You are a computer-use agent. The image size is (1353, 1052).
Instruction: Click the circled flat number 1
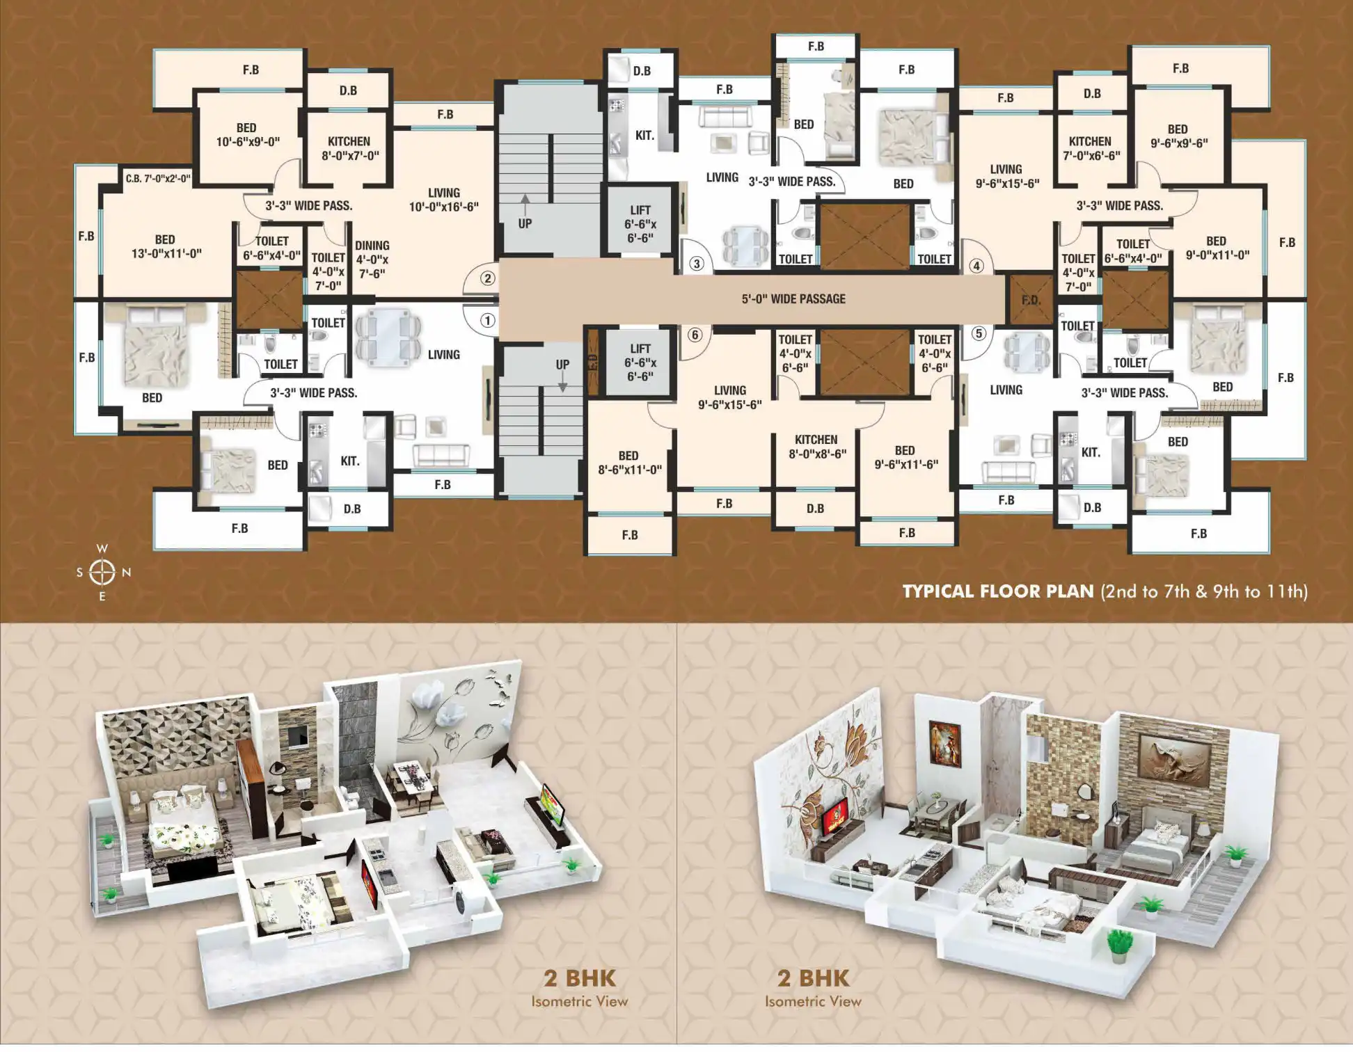[487, 321]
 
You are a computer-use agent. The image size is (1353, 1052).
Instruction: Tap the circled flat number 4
[976, 266]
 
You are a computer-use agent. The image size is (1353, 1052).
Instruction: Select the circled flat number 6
[695, 335]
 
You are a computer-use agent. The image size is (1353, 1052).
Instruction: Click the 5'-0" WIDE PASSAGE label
[793, 299]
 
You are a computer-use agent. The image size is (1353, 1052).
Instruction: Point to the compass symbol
[102, 573]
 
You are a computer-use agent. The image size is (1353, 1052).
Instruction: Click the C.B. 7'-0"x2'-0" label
[157, 179]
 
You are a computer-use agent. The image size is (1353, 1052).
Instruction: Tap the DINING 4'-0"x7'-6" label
[372, 260]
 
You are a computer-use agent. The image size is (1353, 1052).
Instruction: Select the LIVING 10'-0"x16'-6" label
[443, 200]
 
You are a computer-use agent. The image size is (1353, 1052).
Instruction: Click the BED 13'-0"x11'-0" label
[166, 246]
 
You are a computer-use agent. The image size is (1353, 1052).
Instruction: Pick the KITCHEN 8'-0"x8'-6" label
[816, 447]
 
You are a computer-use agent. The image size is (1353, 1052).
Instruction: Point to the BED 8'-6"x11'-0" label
[629, 463]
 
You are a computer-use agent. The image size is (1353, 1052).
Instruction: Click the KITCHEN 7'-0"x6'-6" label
[1090, 148]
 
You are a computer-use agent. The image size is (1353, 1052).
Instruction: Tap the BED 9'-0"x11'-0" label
[1217, 248]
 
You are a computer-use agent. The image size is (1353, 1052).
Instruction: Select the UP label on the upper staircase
[525, 223]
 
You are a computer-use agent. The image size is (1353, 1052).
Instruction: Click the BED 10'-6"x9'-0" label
[247, 135]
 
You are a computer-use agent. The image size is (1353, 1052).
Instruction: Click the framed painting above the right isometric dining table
[944, 744]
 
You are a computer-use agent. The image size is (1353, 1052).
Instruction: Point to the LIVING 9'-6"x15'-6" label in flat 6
[729, 397]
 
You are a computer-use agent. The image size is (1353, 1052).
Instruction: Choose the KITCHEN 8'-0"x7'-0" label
[349, 148]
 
